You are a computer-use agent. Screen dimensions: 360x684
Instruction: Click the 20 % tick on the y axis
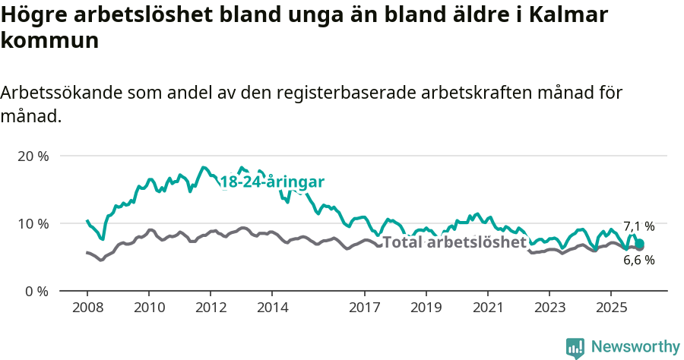(x=33, y=156)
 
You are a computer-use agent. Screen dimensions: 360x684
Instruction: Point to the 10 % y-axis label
(x=33, y=223)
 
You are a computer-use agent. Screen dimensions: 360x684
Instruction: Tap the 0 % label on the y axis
(x=36, y=291)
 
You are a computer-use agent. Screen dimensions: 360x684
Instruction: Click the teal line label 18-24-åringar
(x=272, y=182)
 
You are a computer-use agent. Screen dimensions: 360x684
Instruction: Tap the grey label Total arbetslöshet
(x=454, y=242)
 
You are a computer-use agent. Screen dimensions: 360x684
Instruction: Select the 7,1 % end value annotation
(x=638, y=226)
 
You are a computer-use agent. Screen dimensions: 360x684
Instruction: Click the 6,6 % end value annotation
(x=638, y=260)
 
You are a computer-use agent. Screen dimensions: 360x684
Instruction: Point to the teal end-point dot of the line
(x=640, y=244)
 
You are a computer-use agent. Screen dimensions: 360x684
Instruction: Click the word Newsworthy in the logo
(x=635, y=347)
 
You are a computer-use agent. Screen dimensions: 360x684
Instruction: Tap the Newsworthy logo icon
(x=575, y=348)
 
